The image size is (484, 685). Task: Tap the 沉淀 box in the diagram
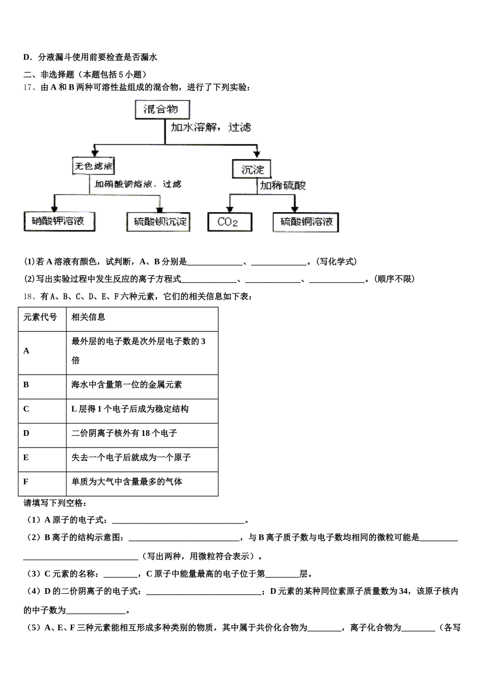[252, 169]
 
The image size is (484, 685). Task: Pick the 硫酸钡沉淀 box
[158, 221]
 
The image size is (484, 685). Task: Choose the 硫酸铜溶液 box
[306, 222]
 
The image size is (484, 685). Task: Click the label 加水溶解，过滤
[210, 127]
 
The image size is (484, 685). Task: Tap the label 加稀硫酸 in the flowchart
[283, 186]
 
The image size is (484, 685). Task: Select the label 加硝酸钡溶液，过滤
[138, 184]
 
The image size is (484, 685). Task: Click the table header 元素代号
[40, 317]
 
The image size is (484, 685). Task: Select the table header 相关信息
[89, 317]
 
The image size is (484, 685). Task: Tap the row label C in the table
[26, 409]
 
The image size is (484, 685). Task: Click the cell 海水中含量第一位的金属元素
[127, 385]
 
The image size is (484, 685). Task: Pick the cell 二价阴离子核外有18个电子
[124, 433]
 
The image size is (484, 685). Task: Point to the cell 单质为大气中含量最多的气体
[127, 482]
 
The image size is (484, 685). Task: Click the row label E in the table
[26, 457]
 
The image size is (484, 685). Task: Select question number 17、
[29, 87]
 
